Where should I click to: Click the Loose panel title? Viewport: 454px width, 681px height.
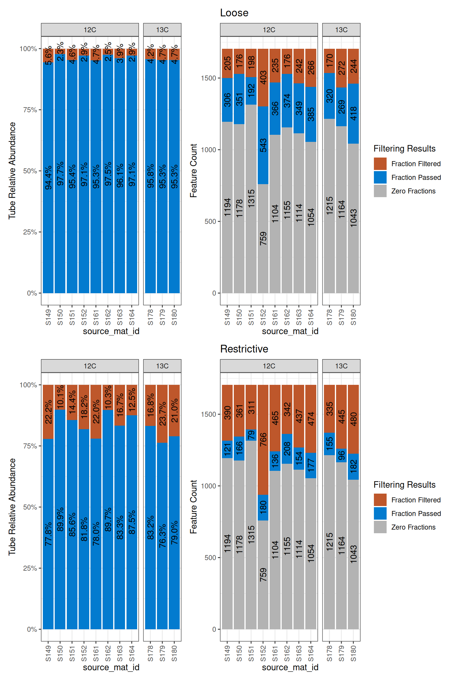point(234,13)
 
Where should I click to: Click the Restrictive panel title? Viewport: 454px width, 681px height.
point(244,349)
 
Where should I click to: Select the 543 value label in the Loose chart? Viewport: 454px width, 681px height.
point(263,145)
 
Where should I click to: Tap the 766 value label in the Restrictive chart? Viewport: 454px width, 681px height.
point(263,440)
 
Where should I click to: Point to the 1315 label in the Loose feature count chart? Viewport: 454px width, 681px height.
point(251,199)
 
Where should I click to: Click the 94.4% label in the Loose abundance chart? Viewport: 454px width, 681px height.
point(48,177)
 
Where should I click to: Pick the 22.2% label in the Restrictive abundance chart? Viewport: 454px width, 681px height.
point(48,412)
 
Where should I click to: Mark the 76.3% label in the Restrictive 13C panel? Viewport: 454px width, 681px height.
point(163,536)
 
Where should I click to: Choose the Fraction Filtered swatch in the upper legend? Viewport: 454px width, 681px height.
point(380,164)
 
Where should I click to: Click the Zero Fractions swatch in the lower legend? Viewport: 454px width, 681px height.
point(380,527)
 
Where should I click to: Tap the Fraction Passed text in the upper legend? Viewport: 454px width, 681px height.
point(416,177)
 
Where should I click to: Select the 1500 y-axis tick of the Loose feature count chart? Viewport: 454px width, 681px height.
point(209,78)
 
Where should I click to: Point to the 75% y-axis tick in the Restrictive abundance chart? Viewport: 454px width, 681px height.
point(30,446)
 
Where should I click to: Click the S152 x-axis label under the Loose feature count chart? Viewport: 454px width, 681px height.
point(263,317)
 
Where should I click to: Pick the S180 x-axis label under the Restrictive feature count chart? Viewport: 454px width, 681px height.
point(354,654)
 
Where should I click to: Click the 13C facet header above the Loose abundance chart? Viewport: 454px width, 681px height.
point(162,30)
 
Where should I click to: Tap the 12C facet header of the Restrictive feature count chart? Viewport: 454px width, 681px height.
point(269,366)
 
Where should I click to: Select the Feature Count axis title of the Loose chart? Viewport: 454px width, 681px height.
point(193,171)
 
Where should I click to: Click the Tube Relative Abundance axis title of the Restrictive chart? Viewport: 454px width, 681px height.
point(12,507)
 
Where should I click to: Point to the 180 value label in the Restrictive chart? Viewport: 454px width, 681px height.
point(263,507)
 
